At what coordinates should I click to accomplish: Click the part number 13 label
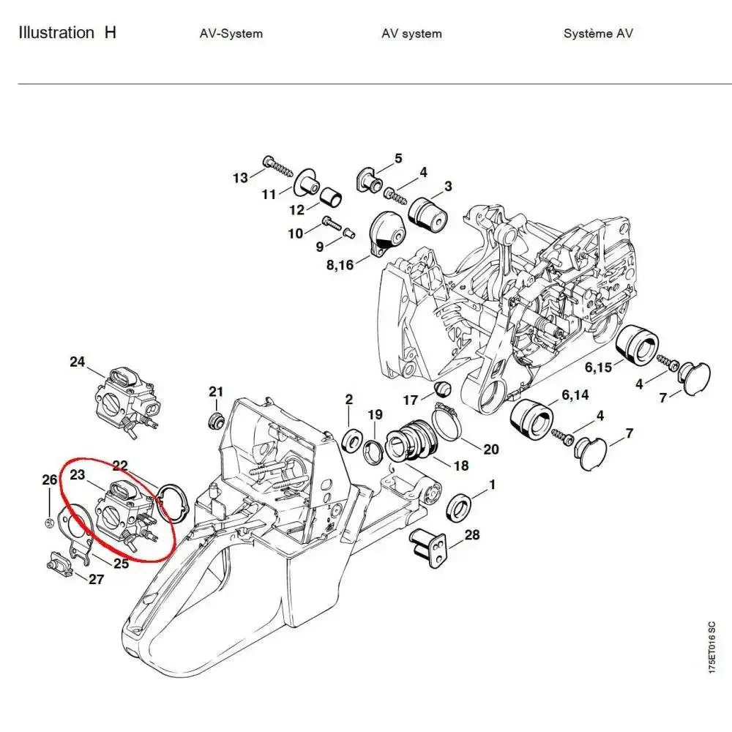click(x=240, y=177)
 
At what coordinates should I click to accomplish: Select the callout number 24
click(x=77, y=362)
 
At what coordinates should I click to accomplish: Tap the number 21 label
click(x=216, y=392)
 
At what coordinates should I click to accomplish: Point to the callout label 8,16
click(x=340, y=264)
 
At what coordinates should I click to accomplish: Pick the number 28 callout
click(x=472, y=535)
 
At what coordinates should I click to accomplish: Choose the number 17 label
click(x=411, y=400)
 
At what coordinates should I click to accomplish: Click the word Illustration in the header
click(x=56, y=33)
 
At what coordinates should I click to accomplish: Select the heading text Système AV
click(x=598, y=34)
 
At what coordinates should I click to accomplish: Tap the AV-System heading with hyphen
click(x=231, y=34)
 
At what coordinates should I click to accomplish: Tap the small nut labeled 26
click(x=48, y=522)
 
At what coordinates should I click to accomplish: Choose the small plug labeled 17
click(x=441, y=388)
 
